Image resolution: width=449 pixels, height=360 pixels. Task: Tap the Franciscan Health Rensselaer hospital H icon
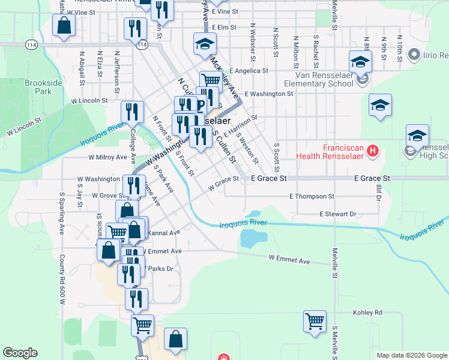pyautogui.click(x=373, y=149)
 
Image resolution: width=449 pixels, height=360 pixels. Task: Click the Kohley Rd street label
pyautogui.click(x=368, y=313)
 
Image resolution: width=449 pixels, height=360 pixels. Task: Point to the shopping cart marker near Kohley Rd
pyautogui.click(x=315, y=321)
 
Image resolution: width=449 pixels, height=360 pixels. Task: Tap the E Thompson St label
pyautogui.click(x=312, y=196)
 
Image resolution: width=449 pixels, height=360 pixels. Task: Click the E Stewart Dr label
pyautogui.click(x=337, y=214)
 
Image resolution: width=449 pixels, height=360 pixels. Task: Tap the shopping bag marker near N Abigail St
pyautogui.click(x=64, y=26)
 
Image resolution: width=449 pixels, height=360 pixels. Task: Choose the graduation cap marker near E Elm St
pyautogui.click(x=204, y=43)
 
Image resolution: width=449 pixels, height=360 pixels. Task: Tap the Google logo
pyautogui.click(x=20, y=353)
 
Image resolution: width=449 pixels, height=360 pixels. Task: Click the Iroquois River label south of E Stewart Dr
pyautogui.click(x=242, y=224)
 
